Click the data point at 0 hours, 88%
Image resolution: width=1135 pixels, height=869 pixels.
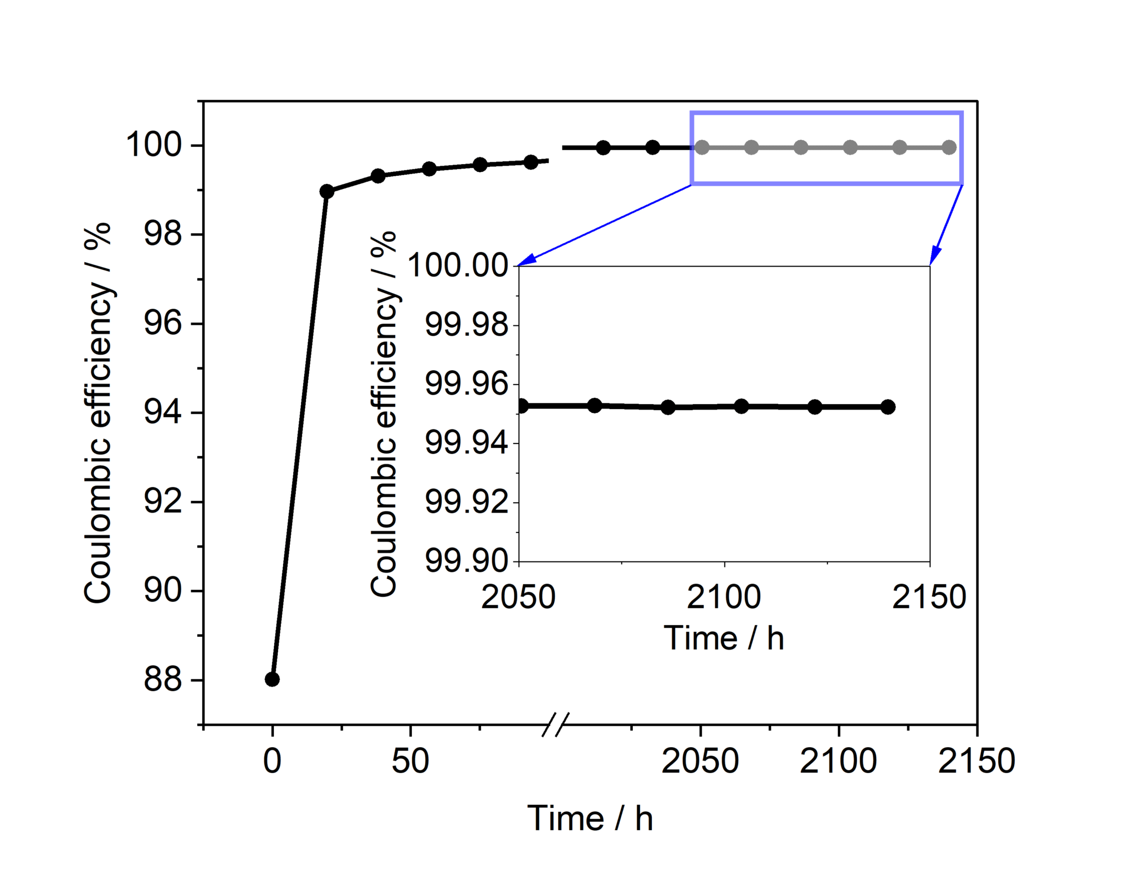click(272, 679)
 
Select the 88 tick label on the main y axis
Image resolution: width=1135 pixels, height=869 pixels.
click(162, 679)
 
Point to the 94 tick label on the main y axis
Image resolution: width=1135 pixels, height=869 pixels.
click(162, 413)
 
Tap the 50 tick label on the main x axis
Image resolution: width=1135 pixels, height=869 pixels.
click(410, 761)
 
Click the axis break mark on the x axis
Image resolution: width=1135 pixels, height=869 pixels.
click(555, 724)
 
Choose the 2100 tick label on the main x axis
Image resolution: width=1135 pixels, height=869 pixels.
click(838, 761)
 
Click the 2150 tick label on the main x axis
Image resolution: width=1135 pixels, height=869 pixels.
click(976, 761)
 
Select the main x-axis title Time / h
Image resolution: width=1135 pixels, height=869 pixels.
click(590, 819)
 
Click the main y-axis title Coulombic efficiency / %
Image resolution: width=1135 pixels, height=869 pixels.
click(98, 413)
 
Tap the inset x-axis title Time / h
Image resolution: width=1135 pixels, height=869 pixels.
click(724, 638)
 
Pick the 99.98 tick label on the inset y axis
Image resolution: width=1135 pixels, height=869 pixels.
click(466, 325)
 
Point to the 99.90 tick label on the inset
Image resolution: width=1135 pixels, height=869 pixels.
click(466, 561)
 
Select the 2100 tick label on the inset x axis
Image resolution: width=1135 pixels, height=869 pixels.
click(724, 597)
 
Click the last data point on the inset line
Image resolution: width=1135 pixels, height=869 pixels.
click(888, 407)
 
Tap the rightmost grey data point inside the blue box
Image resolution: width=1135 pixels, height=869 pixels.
click(949, 147)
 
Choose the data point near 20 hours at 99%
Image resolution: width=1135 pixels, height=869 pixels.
click(327, 192)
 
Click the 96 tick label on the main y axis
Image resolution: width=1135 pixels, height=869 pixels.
click(162, 324)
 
